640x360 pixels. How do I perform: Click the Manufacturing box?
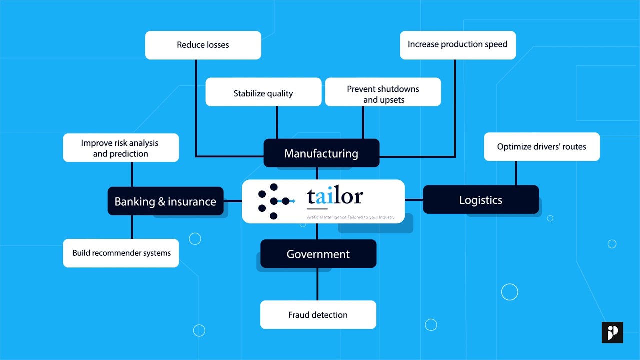tap(321, 153)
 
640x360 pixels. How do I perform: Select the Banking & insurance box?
tap(165, 201)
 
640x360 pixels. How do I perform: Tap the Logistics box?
tap(480, 200)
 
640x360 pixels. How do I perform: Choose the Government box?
tap(318, 254)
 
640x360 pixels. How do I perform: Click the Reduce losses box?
tap(203, 45)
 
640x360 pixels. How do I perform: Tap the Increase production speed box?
tap(457, 45)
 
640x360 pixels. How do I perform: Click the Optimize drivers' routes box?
tap(541, 147)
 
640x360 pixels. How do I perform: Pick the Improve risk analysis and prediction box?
tap(120, 148)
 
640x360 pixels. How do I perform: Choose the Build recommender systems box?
tap(121, 253)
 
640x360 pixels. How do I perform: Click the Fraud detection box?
tap(318, 315)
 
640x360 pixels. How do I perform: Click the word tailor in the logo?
tap(335, 196)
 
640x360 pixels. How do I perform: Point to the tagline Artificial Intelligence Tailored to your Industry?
tap(350, 217)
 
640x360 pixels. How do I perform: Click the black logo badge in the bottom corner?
tap(612, 332)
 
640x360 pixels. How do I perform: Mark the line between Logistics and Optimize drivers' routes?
tap(516, 173)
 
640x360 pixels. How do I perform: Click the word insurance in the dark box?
tap(192, 202)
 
